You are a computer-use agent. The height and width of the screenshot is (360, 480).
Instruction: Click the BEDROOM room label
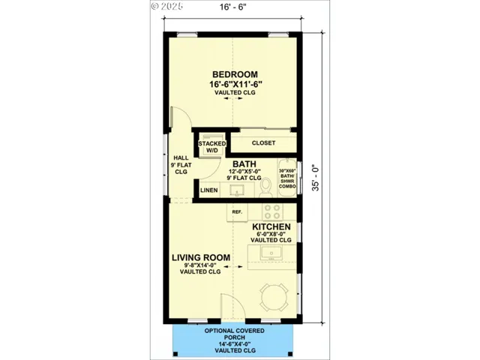point(235,74)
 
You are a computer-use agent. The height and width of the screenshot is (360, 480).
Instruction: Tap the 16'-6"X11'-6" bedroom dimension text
point(235,84)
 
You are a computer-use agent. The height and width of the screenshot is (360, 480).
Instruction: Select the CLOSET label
point(262,142)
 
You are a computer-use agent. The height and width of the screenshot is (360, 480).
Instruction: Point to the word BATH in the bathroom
point(244,164)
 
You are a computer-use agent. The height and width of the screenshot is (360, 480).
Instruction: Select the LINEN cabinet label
point(209,190)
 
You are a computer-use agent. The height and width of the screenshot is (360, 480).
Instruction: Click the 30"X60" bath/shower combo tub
point(286,179)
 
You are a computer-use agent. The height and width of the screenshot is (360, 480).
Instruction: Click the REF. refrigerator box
point(237,212)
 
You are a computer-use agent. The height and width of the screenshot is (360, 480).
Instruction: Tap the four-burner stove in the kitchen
point(272,211)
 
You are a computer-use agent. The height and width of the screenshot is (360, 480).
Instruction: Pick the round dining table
point(271,298)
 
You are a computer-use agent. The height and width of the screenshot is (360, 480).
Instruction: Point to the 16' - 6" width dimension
point(232,9)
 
